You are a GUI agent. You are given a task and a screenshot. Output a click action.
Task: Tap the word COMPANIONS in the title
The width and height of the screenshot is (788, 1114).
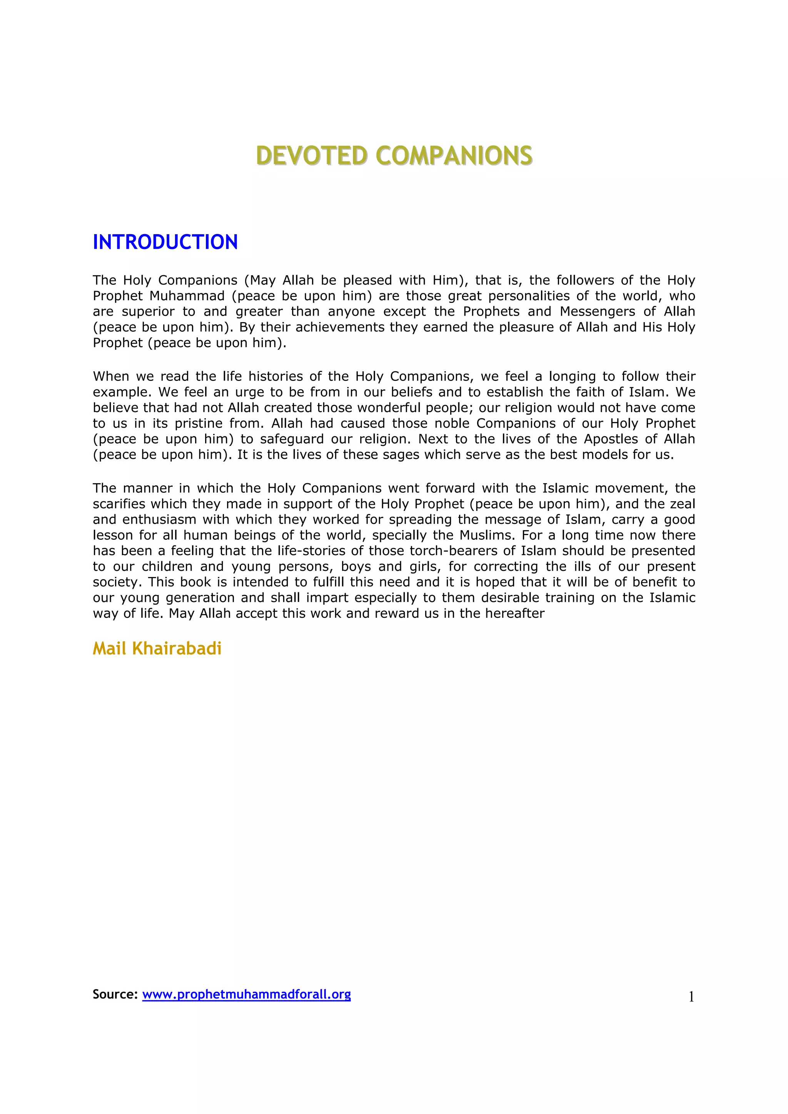point(454,156)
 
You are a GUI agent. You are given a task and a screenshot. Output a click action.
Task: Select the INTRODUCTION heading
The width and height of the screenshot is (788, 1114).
point(165,242)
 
